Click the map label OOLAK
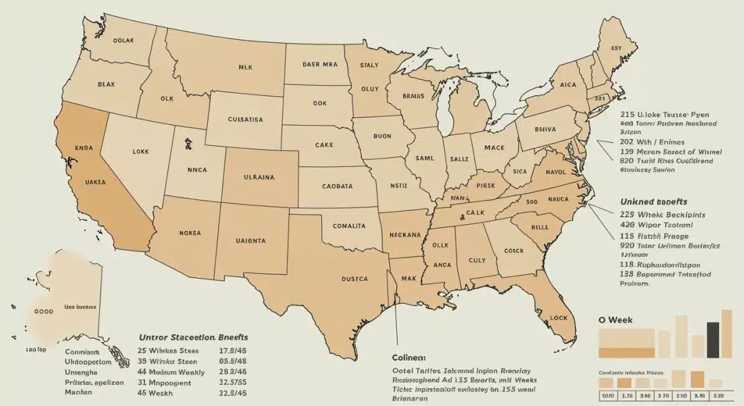click(x=124, y=40)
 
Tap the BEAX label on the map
click(x=106, y=84)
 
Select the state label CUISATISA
click(x=244, y=119)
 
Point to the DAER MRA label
click(x=319, y=64)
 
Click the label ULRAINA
click(x=259, y=177)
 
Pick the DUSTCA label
click(x=355, y=279)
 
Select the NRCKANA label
click(x=405, y=235)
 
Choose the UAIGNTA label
click(x=251, y=240)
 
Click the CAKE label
click(x=324, y=145)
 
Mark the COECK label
click(x=513, y=251)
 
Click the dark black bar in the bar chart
click(x=714, y=340)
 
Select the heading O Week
click(x=616, y=319)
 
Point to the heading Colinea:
click(x=409, y=358)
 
